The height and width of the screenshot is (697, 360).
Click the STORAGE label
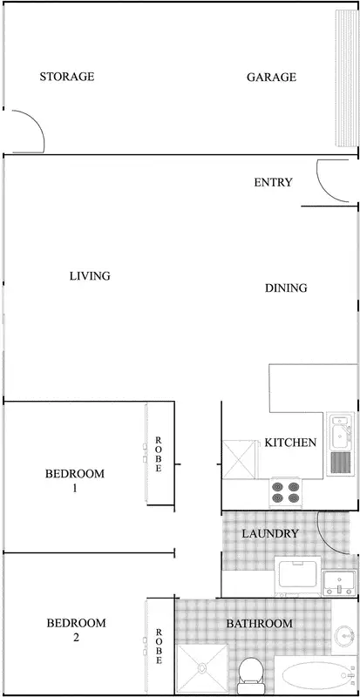pyautogui.click(x=66, y=77)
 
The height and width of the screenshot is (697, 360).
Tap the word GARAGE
pyautogui.click(x=271, y=77)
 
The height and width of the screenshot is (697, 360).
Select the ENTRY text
pyautogui.click(x=273, y=182)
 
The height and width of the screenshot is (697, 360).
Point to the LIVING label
pyautogui.click(x=90, y=276)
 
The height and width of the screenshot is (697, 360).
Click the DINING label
pyautogui.click(x=285, y=288)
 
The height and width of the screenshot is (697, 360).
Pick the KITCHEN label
pyautogui.click(x=290, y=443)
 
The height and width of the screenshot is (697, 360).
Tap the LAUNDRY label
pyautogui.click(x=270, y=533)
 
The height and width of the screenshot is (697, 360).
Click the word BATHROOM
pyautogui.click(x=259, y=624)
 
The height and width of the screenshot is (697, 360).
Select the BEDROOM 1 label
pyautogui.click(x=74, y=481)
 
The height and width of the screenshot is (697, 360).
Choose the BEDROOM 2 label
pyautogui.click(x=76, y=630)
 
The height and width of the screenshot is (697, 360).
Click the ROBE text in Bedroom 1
pyautogui.click(x=159, y=454)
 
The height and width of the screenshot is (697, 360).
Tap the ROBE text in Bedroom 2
pyautogui.click(x=159, y=646)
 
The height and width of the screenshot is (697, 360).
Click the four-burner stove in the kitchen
pyautogui.click(x=285, y=492)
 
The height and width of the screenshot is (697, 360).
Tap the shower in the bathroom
pyautogui.click(x=203, y=670)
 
